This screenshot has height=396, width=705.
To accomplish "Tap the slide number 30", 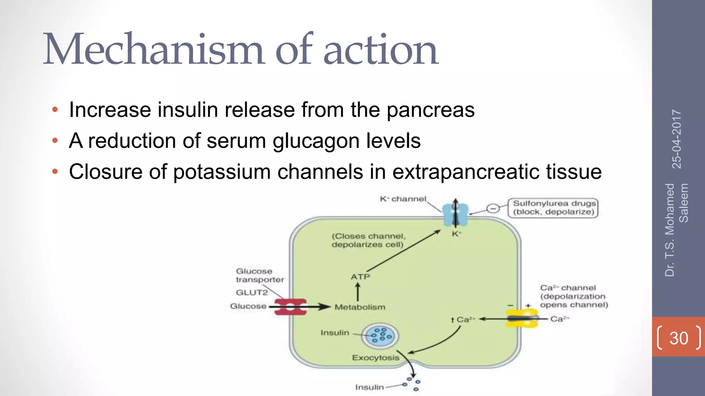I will click(x=678, y=338).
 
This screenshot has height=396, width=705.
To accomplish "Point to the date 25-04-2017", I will click(x=677, y=139).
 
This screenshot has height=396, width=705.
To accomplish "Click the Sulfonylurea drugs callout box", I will click(x=553, y=208).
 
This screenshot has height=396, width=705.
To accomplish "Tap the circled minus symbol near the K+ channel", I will click(x=493, y=208).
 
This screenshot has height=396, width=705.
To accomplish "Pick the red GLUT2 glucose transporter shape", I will click(x=291, y=307).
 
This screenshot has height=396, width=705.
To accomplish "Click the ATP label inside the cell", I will click(x=360, y=277).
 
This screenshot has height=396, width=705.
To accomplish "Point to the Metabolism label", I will click(x=360, y=307).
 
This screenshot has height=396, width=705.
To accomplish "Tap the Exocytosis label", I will click(x=375, y=358).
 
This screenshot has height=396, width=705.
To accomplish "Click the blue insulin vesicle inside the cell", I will click(x=380, y=335).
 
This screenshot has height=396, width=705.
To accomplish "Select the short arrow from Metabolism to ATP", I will click(x=358, y=292).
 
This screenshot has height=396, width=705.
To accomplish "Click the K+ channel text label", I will click(x=403, y=199).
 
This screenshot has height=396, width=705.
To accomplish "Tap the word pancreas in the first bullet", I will click(x=430, y=110).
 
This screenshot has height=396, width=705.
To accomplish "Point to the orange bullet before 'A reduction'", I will click(x=55, y=141).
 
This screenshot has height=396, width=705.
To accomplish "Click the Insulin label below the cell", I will click(x=369, y=387).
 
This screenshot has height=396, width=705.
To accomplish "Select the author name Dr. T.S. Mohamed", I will click(x=670, y=230).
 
